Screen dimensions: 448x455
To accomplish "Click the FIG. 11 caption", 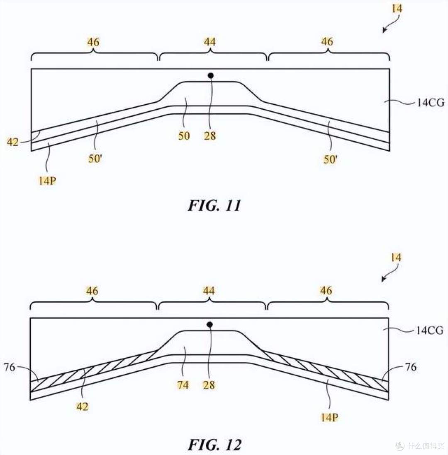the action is click(214, 206).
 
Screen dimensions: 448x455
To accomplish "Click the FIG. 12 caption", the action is click(214, 445).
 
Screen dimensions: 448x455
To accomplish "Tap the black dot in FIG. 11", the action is click(211, 76).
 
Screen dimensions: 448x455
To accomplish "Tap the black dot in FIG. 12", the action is click(209, 325).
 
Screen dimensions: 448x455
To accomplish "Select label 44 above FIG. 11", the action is click(209, 42).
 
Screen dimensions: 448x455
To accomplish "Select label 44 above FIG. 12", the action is click(209, 291).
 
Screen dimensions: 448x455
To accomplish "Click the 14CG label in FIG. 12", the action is click(430, 330).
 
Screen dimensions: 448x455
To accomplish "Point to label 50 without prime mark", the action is click(184, 136).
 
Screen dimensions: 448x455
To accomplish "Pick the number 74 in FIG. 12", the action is click(183, 385).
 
